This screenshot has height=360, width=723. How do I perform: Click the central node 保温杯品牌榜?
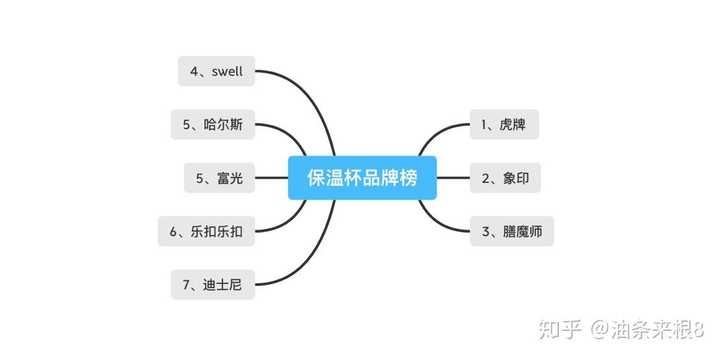click(362, 178)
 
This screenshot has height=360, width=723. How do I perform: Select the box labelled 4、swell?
click(217, 71)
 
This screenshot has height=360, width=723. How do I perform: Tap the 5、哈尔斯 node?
click(213, 125)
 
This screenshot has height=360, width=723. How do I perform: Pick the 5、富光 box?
click(219, 178)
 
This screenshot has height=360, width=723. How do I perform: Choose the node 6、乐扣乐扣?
click(206, 231)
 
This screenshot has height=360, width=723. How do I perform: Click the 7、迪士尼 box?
click(213, 284)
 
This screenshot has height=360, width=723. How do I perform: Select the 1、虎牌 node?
click(504, 125)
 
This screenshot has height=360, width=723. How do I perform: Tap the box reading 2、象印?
click(504, 178)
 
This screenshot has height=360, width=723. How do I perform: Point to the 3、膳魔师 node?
click(512, 231)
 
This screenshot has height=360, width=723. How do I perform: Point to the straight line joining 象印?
click(453, 178)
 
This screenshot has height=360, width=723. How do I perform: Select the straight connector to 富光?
click(271, 178)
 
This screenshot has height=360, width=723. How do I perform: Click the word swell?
click(227, 71)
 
